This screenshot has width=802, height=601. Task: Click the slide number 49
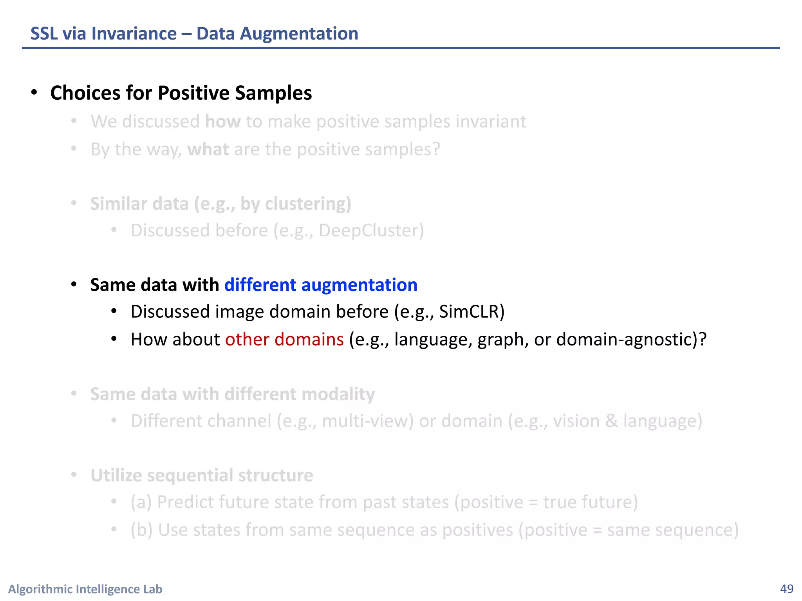[x=787, y=589]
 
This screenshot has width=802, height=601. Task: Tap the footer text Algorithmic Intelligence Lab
[x=85, y=589]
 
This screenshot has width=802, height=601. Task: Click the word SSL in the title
[x=44, y=34]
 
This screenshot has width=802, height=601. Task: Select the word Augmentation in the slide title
[x=299, y=34]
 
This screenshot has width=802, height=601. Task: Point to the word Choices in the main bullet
[x=85, y=93]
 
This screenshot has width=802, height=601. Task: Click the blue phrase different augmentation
[x=321, y=285]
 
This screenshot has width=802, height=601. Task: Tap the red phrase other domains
[x=284, y=339]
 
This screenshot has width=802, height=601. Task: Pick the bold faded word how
[x=223, y=122]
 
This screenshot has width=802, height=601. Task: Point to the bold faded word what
[x=208, y=149]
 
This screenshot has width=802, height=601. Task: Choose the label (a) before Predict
[x=141, y=502]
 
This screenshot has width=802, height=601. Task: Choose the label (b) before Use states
[x=141, y=530]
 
